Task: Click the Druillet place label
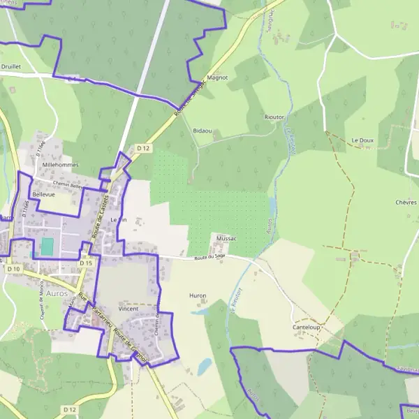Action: point(12,68)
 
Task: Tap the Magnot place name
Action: point(219,78)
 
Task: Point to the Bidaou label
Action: point(202,131)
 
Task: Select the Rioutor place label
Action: point(274,117)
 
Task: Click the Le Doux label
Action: point(362,140)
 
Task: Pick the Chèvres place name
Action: point(406,202)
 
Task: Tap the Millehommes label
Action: point(61,165)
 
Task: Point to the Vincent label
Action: point(128,308)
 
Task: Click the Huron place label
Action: point(198,295)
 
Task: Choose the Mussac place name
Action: point(227,238)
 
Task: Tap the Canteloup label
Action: point(307,327)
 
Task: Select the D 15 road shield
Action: point(86,263)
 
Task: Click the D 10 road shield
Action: point(13,268)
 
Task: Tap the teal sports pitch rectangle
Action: point(47,247)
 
